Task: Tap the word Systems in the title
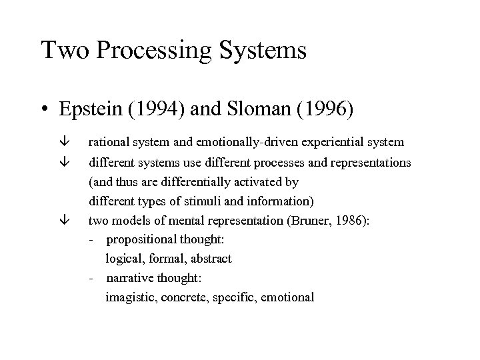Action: pos(265,51)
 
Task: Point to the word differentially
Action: pos(193,181)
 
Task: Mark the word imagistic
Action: pos(129,298)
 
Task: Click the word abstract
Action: pos(211,259)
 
